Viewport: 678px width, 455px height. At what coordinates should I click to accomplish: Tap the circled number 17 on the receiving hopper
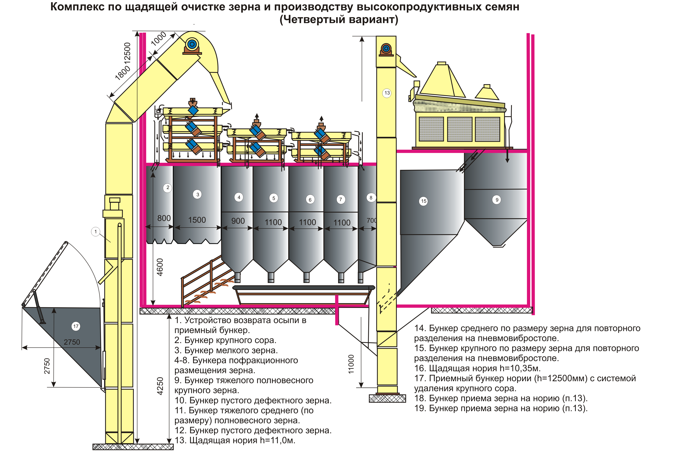click(x=76, y=326)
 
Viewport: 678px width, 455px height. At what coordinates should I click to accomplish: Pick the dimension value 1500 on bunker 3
click(x=197, y=220)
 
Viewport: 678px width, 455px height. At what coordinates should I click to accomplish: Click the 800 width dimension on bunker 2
click(x=164, y=218)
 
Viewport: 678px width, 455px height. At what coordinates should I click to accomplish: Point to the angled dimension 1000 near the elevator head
click(x=159, y=39)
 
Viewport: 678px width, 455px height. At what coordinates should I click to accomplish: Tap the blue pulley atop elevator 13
click(x=386, y=48)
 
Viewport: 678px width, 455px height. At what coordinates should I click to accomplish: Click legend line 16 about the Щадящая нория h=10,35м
click(x=477, y=368)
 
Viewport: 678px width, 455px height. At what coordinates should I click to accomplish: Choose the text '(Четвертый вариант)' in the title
click(x=339, y=19)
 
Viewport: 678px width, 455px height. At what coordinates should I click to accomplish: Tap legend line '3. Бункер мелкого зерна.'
click(x=226, y=350)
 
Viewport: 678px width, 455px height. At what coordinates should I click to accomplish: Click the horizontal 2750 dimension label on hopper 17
click(x=72, y=342)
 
